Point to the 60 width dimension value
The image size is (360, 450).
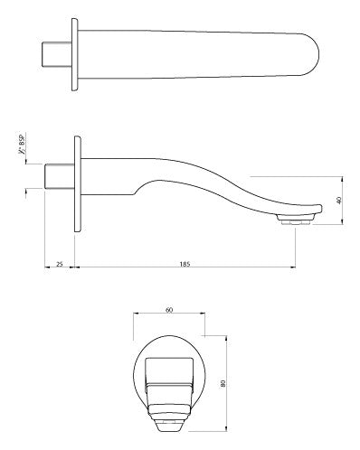168,309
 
